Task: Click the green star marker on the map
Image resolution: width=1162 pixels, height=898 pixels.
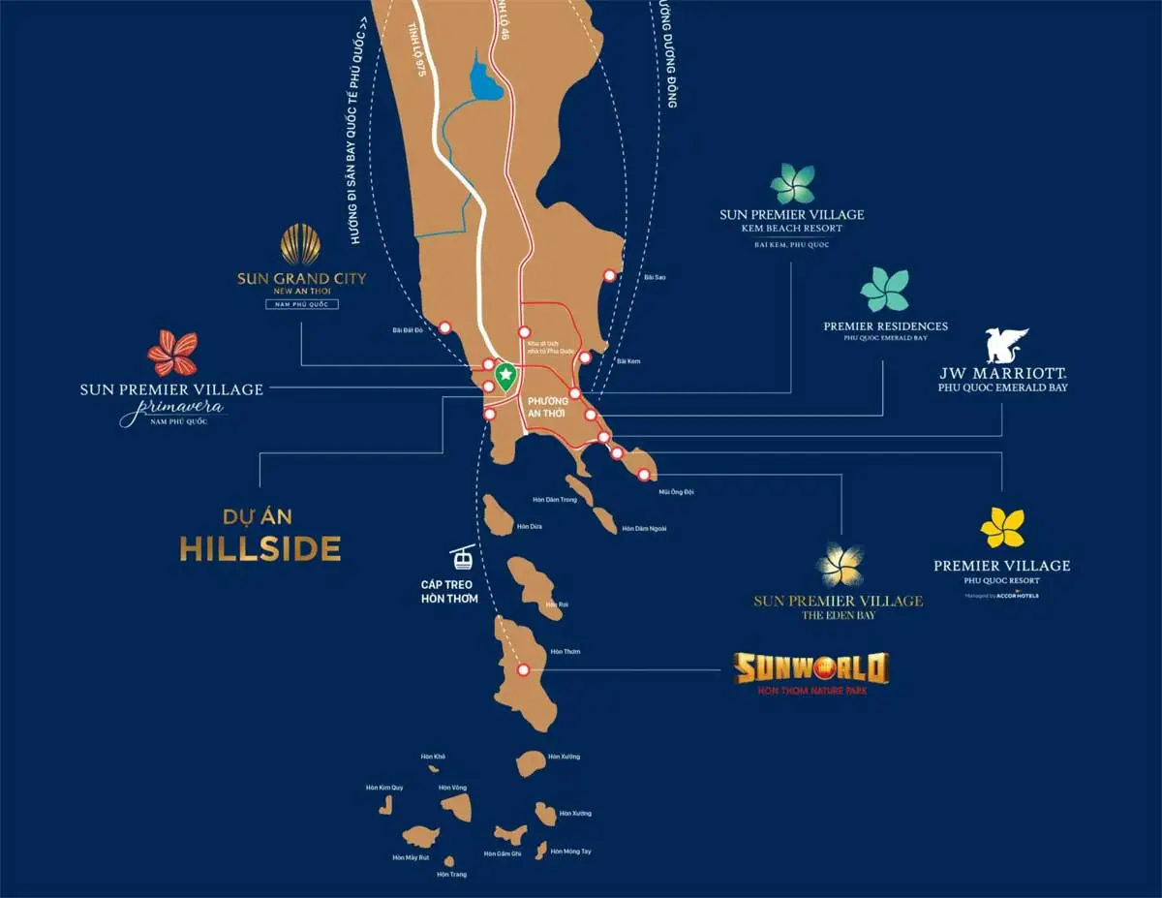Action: (504, 374)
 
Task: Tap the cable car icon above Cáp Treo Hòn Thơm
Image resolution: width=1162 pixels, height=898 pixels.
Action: (463, 557)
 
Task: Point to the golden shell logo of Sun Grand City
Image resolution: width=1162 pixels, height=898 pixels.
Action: (300, 244)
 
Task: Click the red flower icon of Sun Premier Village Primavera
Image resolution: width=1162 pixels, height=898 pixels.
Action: (172, 353)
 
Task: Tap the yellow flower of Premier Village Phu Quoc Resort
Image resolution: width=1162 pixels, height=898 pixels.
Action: (1001, 528)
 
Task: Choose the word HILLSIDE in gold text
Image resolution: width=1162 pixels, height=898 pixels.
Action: (260, 549)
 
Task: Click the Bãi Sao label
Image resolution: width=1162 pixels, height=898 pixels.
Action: (655, 277)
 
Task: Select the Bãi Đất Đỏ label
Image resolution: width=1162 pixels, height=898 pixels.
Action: (408, 330)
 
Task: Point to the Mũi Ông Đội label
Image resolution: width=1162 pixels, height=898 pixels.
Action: (676, 492)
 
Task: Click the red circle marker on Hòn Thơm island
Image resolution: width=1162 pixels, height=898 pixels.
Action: (523, 669)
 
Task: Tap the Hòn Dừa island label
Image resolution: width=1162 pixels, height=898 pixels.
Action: (530, 526)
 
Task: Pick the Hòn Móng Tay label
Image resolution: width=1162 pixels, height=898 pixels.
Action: (570, 851)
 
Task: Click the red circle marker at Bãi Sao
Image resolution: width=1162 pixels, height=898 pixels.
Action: (610, 275)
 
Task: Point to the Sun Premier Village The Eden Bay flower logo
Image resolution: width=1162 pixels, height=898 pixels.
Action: (839, 565)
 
